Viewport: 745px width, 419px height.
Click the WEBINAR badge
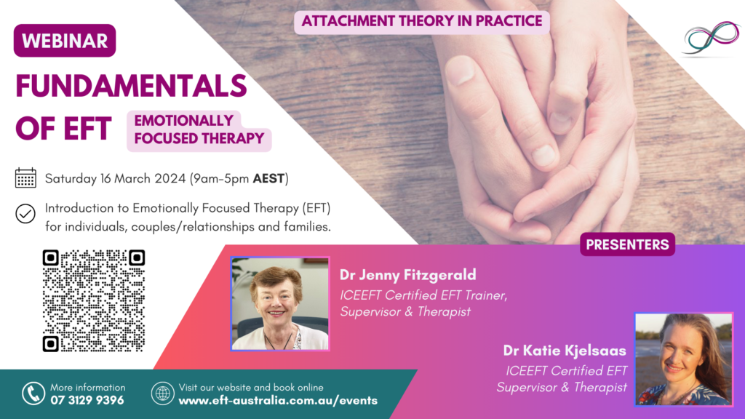tap(65, 41)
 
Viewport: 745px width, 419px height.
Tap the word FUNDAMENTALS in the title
tap(131, 87)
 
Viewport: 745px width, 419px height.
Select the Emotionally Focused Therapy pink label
tap(199, 129)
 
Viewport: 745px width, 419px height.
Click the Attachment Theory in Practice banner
tap(422, 20)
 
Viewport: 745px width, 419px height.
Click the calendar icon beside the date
tap(25, 178)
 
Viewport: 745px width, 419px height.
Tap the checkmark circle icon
tap(25, 214)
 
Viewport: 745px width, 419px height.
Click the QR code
tap(94, 300)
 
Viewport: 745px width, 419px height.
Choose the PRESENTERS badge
tap(627, 244)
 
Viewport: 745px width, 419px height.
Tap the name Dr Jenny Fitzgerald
tap(408, 275)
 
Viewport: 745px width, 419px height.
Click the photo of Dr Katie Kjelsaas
tap(684, 359)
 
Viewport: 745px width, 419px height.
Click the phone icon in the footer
tap(33, 394)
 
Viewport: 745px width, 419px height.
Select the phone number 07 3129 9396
tap(87, 400)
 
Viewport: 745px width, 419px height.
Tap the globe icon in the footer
tap(162, 394)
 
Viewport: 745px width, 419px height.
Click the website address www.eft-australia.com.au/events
tap(278, 400)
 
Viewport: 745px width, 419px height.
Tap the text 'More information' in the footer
tap(88, 387)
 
